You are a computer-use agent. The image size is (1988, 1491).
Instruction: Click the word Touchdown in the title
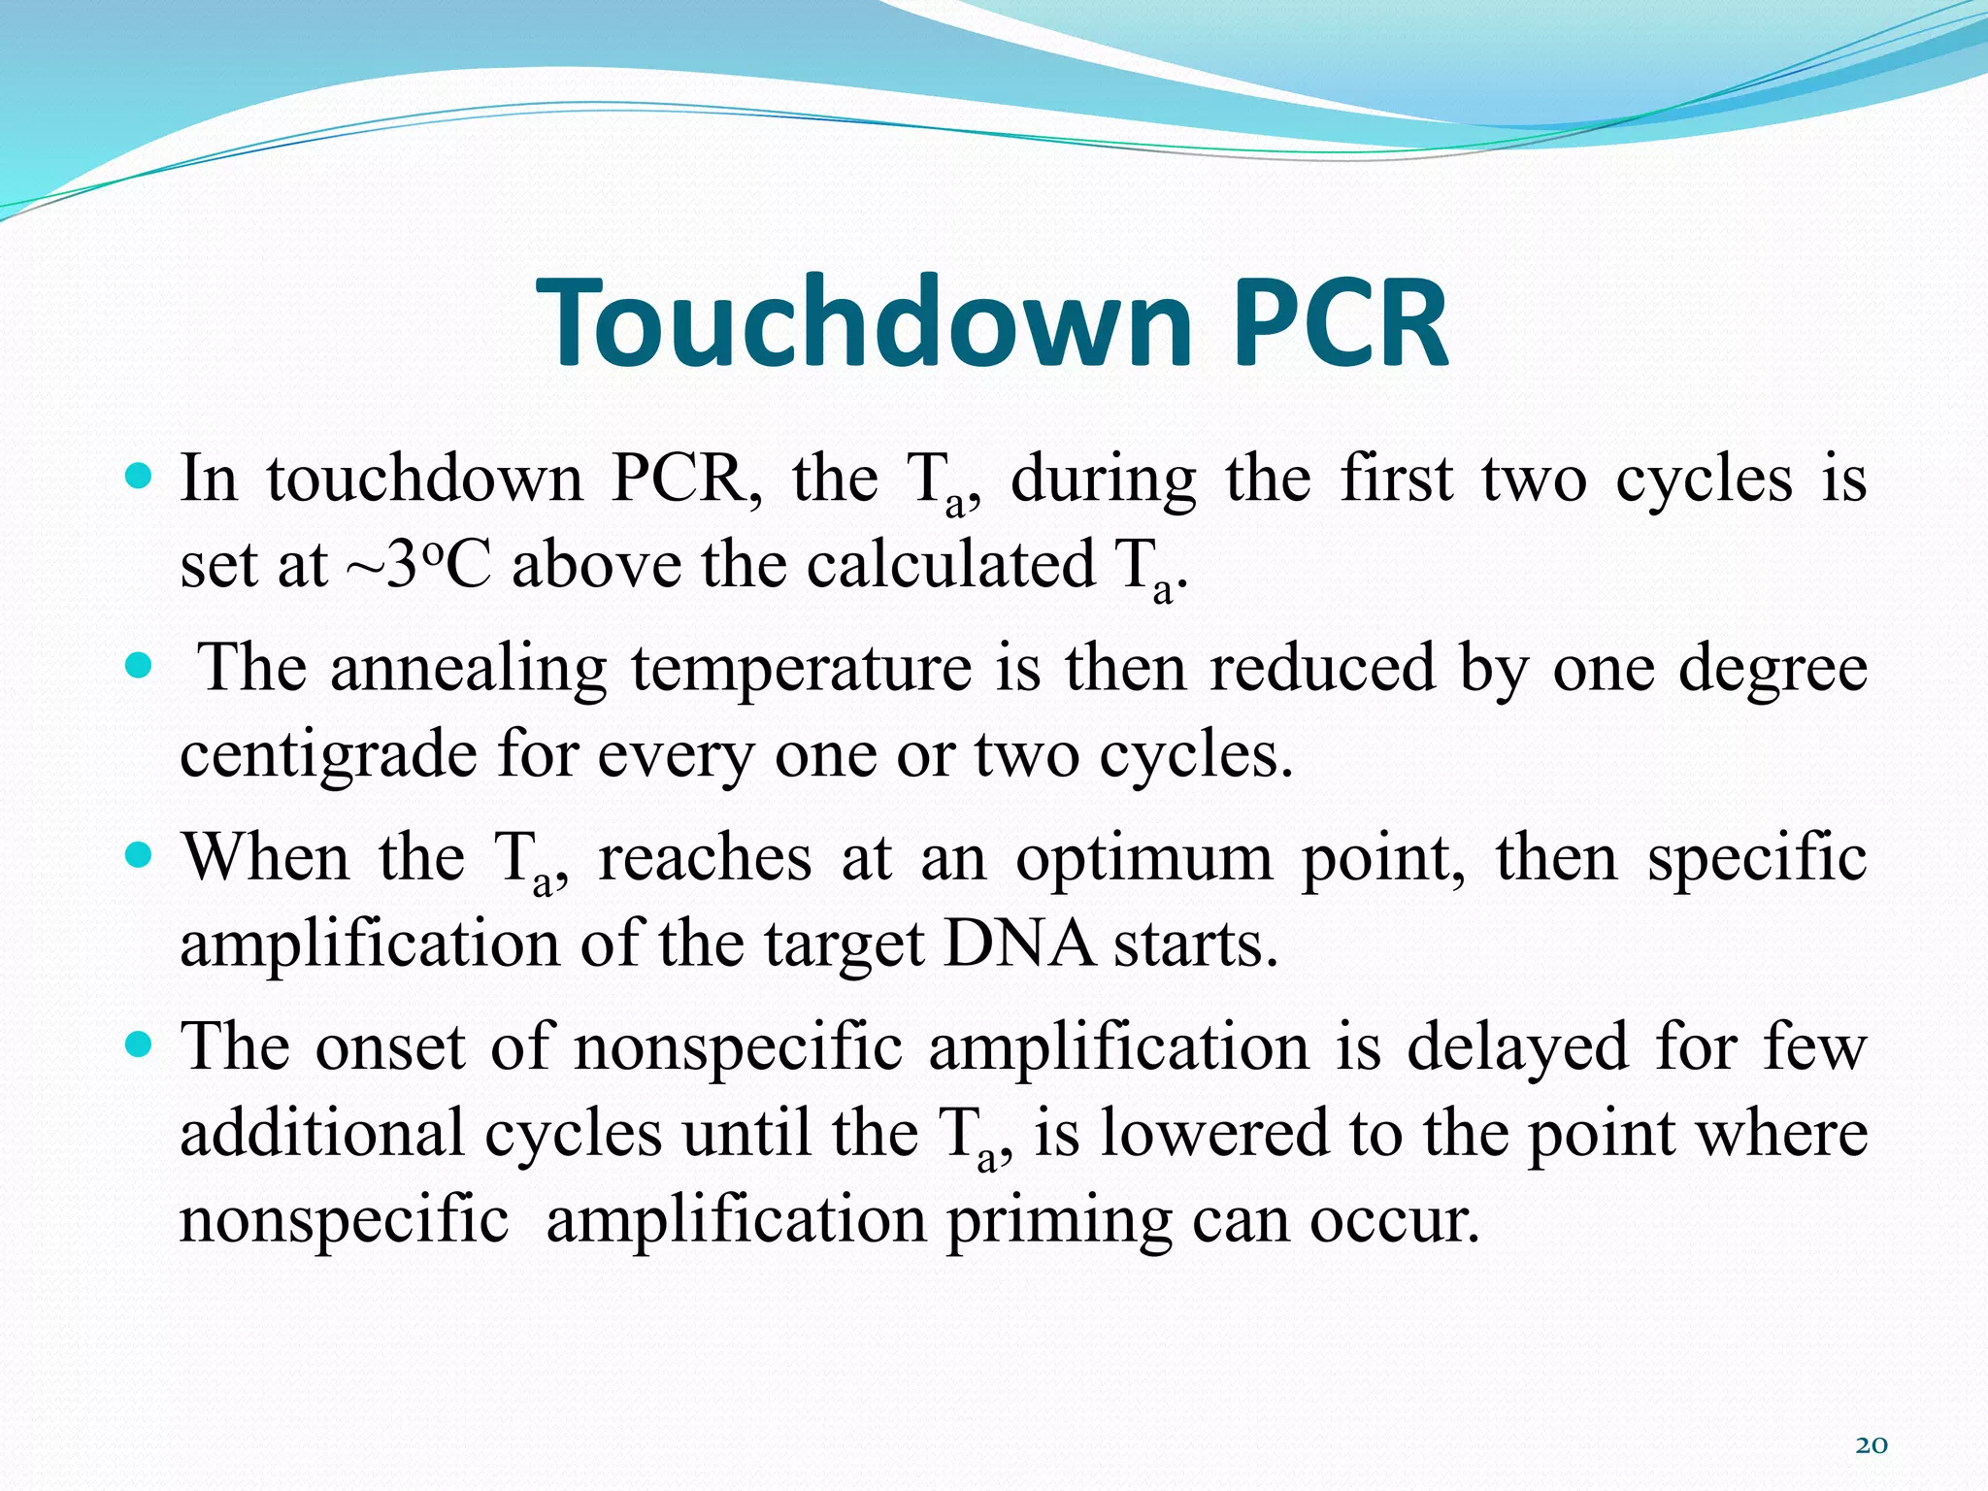pos(863,323)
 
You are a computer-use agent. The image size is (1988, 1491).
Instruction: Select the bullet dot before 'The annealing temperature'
pos(140,666)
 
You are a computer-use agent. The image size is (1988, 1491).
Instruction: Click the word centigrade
pos(328,755)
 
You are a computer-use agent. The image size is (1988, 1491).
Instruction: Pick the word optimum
pos(1143,858)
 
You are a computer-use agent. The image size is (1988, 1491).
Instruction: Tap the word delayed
pos(1517,1047)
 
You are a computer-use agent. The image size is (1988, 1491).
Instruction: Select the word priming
pos(1059,1221)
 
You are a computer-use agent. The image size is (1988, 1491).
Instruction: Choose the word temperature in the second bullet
pos(802,670)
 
